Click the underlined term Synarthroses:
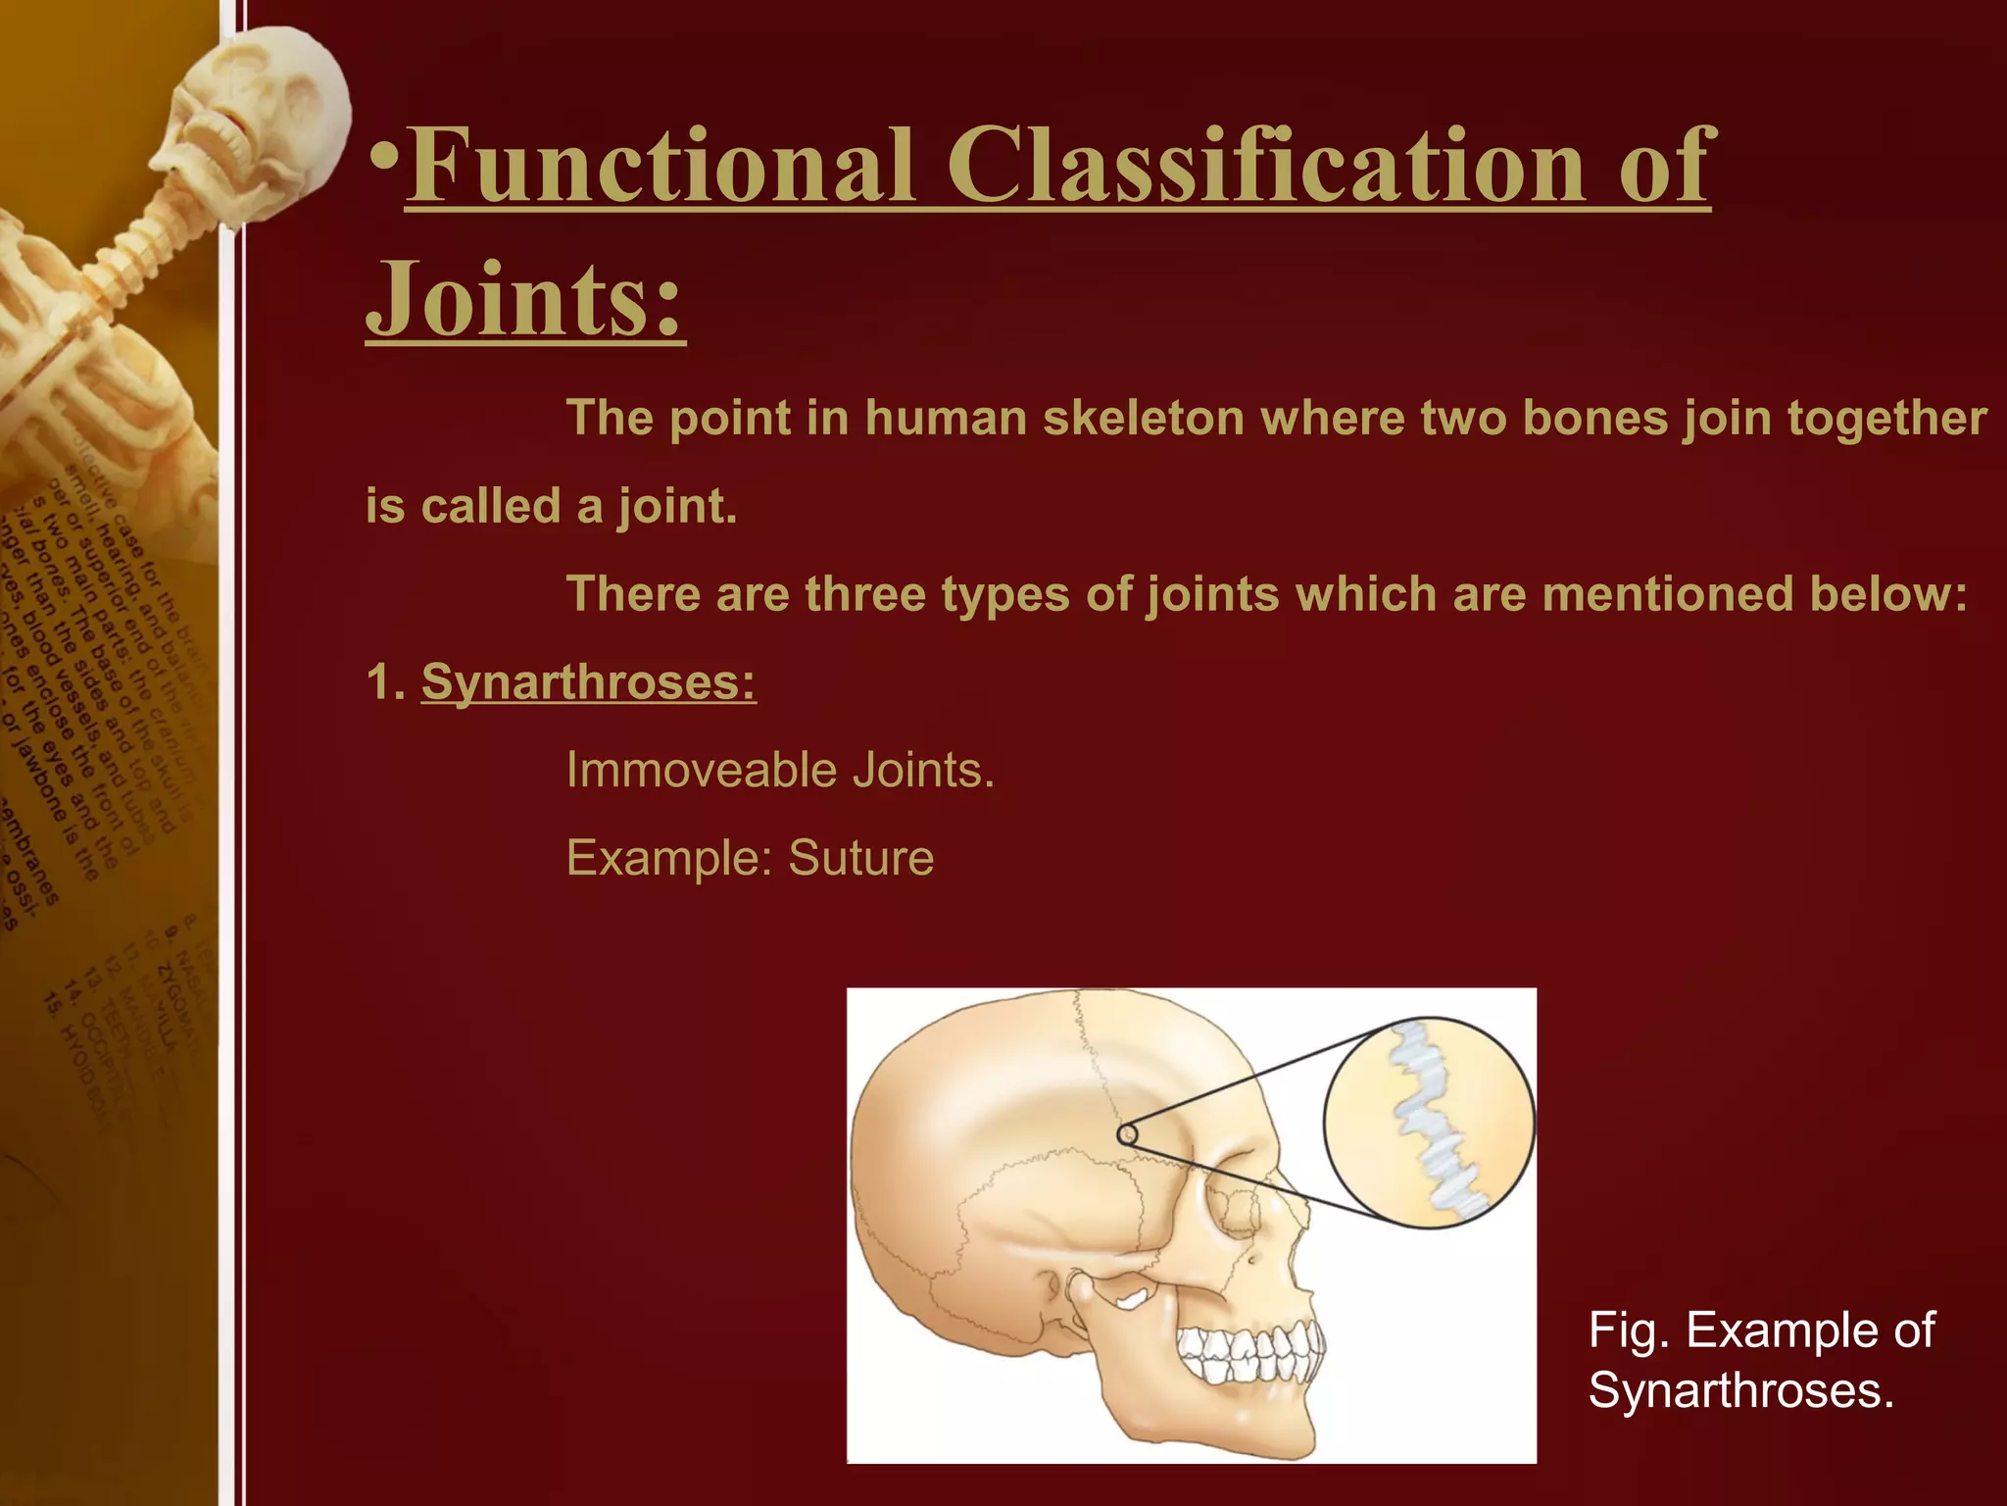(x=588, y=681)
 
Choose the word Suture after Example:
(x=860, y=858)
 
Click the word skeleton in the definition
(x=1143, y=419)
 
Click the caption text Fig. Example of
(x=1761, y=1330)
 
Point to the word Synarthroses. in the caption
(x=1741, y=1390)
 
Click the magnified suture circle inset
(x=1429, y=1122)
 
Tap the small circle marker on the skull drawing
(x=1127, y=1134)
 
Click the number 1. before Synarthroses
(x=384, y=681)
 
